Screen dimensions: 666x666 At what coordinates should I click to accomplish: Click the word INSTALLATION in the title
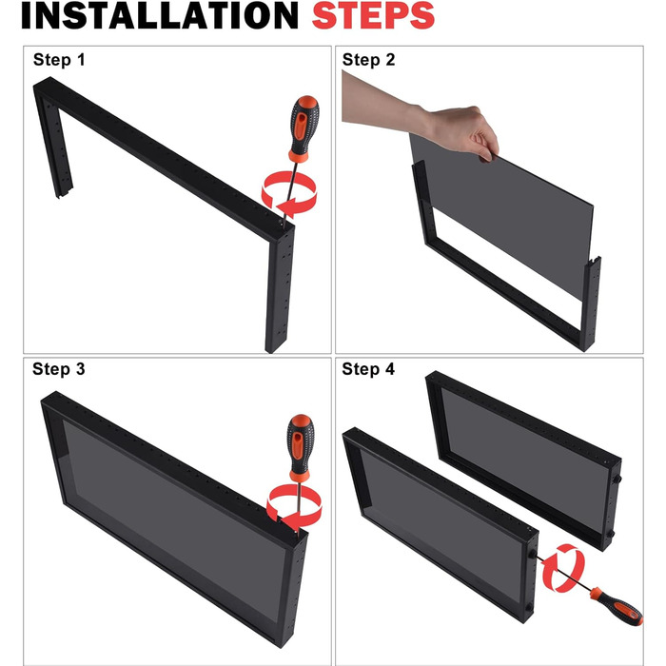[x=160, y=15]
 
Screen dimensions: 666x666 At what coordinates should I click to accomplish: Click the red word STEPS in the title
[x=373, y=15]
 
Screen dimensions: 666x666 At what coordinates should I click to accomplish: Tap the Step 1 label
[x=59, y=60]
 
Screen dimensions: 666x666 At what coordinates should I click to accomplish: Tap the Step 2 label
[x=368, y=60]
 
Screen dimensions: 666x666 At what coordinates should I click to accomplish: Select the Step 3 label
[x=59, y=369]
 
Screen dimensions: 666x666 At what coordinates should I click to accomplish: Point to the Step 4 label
[x=368, y=369]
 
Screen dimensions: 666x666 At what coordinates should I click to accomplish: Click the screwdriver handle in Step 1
[x=304, y=128]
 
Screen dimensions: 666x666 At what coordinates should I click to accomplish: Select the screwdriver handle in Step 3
[x=301, y=447]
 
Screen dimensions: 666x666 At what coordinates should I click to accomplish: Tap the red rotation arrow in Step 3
[x=294, y=505]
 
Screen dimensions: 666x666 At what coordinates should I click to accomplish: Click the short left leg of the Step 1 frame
[x=54, y=145]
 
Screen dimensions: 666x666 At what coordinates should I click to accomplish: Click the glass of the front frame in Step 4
[x=440, y=522]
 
